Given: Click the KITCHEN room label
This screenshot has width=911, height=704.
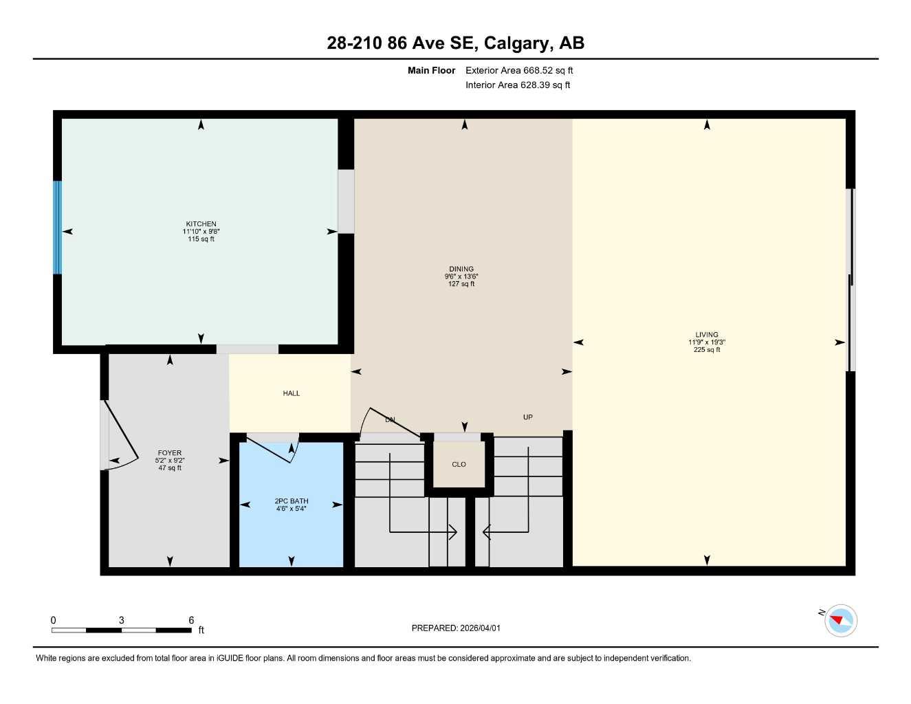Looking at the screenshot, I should click(201, 224).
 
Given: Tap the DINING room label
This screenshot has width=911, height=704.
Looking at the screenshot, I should click(461, 269).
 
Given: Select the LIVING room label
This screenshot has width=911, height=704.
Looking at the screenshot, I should click(706, 335).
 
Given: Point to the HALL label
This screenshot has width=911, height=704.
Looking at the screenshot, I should click(291, 393).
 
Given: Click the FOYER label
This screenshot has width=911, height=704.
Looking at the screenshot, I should click(170, 453).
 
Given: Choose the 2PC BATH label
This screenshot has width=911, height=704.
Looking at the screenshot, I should click(292, 501).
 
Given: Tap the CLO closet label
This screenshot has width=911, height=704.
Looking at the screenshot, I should click(459, 464).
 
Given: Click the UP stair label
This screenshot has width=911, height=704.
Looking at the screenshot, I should click(527, 417).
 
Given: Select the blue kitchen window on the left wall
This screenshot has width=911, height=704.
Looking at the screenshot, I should click(58, 228).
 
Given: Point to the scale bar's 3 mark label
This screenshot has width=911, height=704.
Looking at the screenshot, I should click(122, 620).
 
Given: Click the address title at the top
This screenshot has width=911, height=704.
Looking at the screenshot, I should click(455, 43).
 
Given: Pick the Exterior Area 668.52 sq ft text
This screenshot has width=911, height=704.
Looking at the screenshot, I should click(519, 70).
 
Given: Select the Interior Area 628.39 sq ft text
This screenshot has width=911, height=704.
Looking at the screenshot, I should click(518, 85).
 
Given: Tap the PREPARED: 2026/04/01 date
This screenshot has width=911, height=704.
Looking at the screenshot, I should click(456, 628).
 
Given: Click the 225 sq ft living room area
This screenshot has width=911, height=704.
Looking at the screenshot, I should click(706, 350).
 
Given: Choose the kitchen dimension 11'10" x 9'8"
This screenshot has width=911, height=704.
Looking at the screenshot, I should click(201, 232).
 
